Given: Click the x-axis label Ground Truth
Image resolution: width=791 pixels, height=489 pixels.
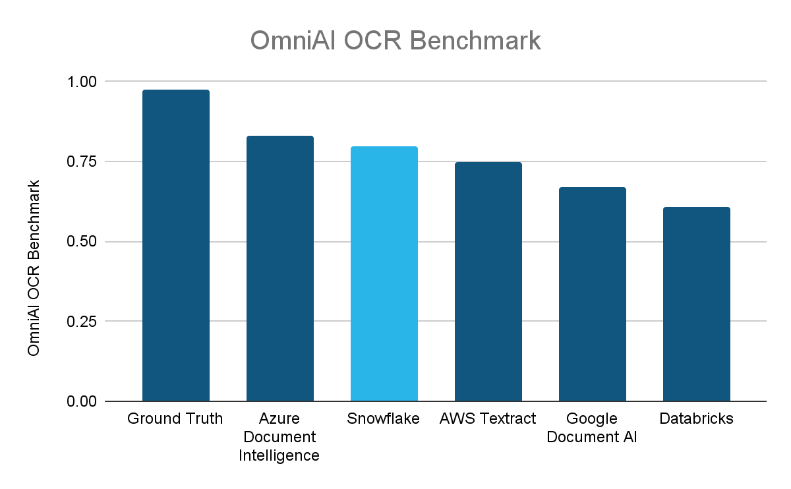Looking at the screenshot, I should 175,419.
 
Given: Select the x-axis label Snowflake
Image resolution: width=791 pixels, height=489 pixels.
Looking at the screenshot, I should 384,419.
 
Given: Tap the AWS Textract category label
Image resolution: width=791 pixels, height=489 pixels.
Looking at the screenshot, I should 488,419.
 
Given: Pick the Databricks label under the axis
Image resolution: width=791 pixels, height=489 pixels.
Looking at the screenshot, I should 697,419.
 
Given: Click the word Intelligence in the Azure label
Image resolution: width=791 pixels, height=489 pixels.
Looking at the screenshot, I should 279,455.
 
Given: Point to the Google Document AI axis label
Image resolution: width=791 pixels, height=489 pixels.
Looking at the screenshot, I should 592,428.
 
